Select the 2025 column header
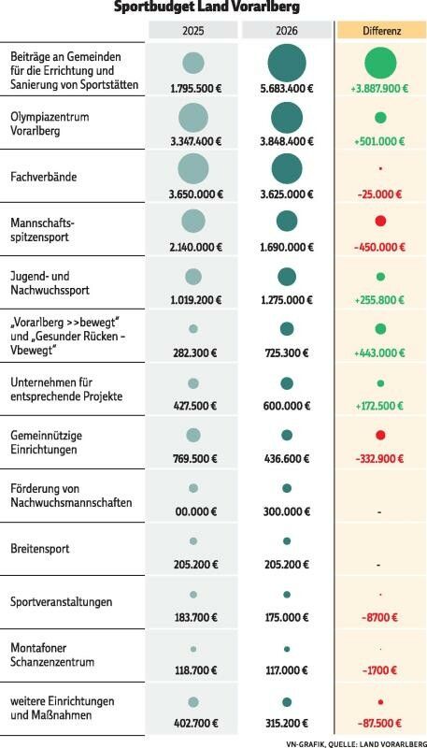coord(192,31)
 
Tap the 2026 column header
coord(286,31)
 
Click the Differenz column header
coord(379,31)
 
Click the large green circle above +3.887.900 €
coord(380,65)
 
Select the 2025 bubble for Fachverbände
coord(193,169)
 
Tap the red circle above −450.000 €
coord(380,222)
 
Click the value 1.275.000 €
coord(286,300)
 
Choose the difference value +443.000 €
coord(380,352)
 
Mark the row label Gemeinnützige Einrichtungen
coord(44,442)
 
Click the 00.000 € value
coord(193,512)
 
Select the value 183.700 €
coord(193,618)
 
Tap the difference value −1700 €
coord(380,671)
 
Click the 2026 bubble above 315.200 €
coord(286,701)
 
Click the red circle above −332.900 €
coord(380,436)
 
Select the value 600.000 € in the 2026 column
coord(286,406)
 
